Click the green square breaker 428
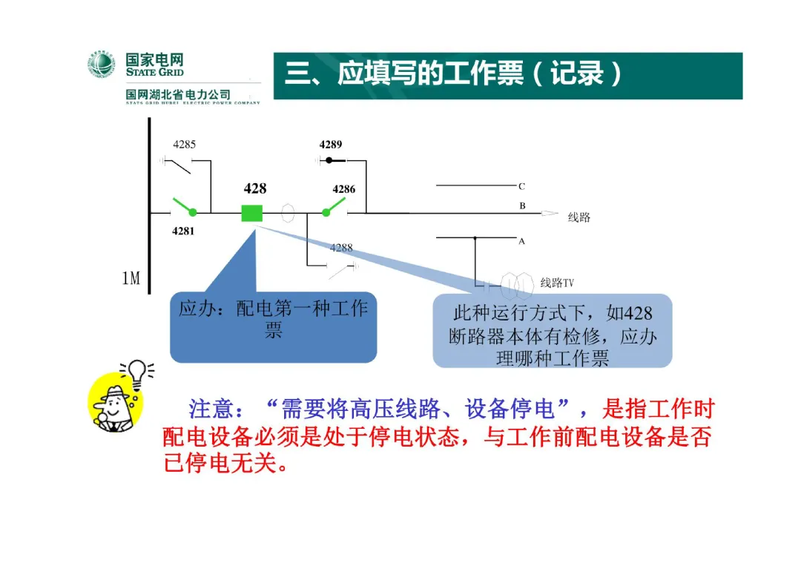pyautogui.click(x=252, y=213)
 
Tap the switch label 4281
pyautogui.click(x=183, y=231)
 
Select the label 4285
pyautogui.click(x=185, y=145)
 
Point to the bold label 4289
pyautogui.click(x=331, y=145)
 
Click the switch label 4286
pyautogui.click(x=343, y=189)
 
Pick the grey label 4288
pyautogui.click(x=341, y=248)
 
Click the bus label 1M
pyautogui.click(x=131, y=278)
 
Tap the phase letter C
pyautogui.click(x=521, y=187)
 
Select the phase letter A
pyautogui.click(x=521, y=242)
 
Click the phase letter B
pyautogui.click(x=522, y=205)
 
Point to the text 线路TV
pyautogui.click(x=557, y=283)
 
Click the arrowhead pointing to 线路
pyautogui.click(x=550, y=214)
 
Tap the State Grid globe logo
pyautogui.click(x=102, y=65)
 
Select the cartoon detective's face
pyautogui.click(x=113, y=404)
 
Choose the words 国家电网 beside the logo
pyautogui.click(x=154, y=60)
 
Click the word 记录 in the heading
pyautogui.click(x=577, y=75)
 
